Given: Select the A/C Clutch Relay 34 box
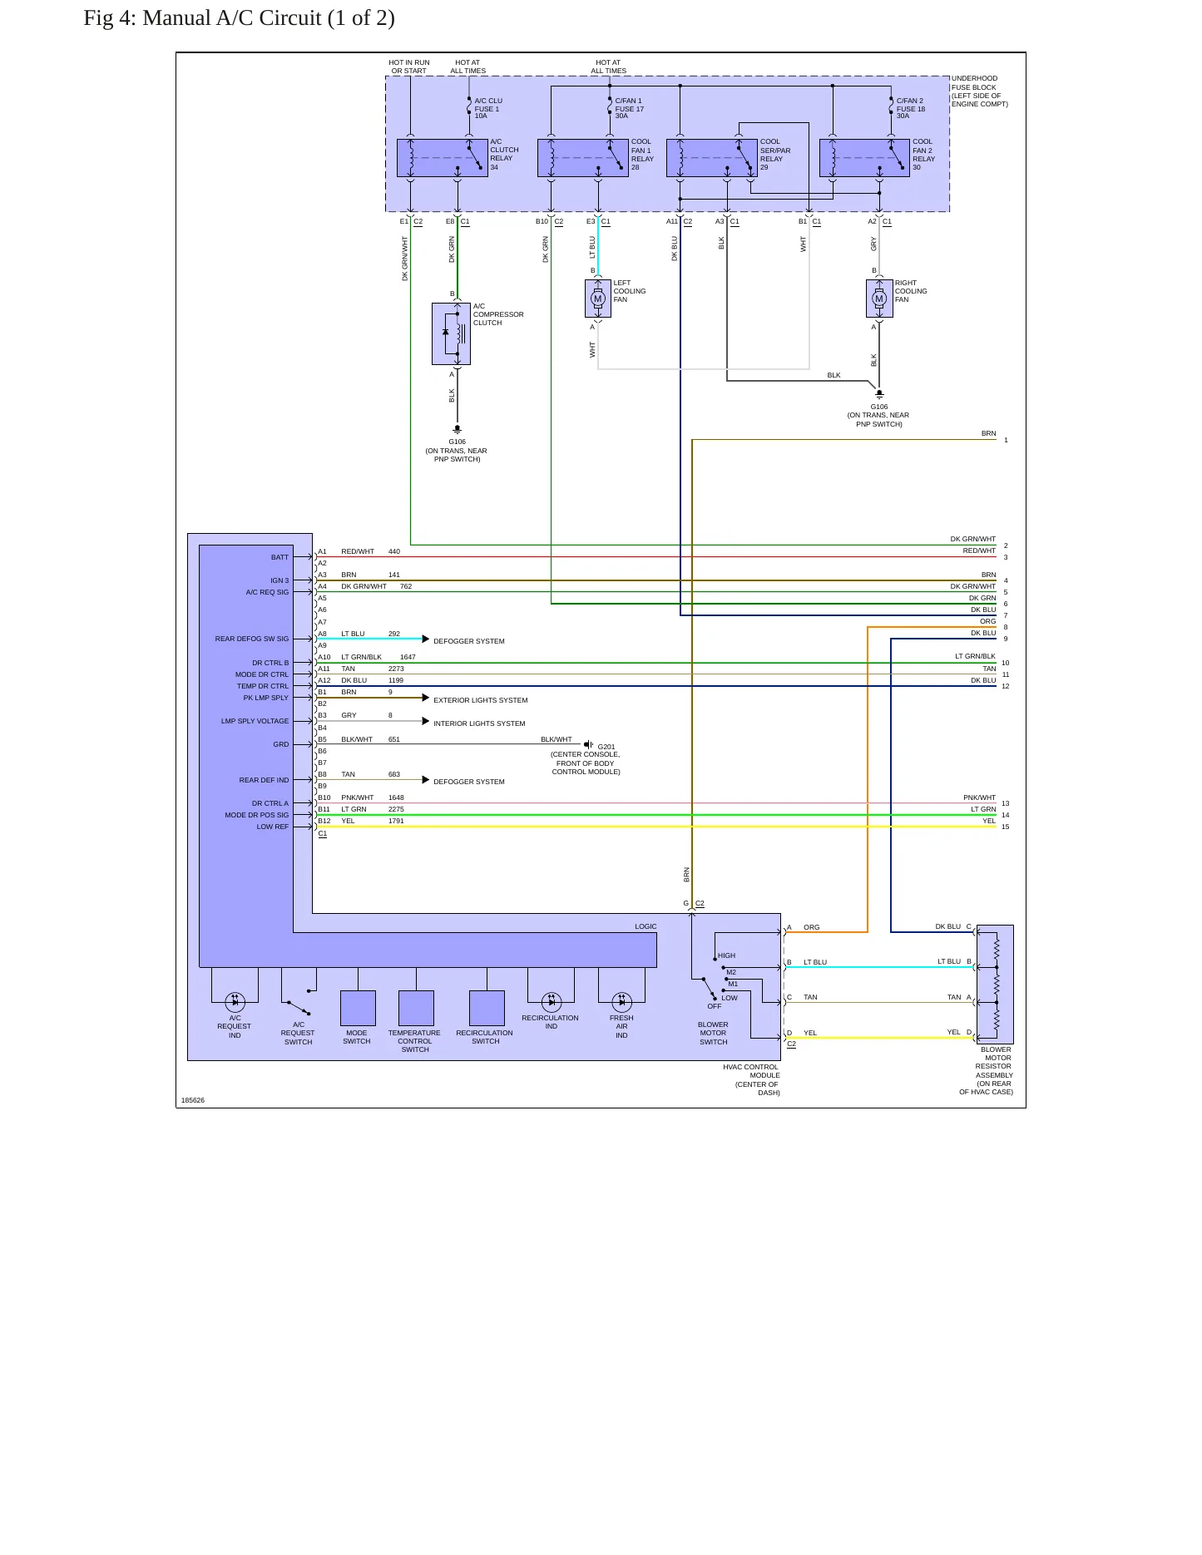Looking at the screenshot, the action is tap(442, 157).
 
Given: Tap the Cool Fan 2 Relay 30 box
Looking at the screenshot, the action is tap(864, 157).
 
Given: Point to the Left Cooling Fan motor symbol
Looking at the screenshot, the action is tap(597, 299).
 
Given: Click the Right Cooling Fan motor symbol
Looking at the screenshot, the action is tap(879, 299).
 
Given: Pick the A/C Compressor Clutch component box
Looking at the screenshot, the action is tap(451, 333).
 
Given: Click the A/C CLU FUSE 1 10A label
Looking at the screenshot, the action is tap(488, 108).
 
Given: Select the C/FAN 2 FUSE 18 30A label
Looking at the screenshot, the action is tap(911, 108).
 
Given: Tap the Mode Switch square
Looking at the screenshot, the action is tap(358, 1008).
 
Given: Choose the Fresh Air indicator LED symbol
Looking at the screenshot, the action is tap(621, 1002).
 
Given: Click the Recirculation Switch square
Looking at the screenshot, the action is tap(487, 1008).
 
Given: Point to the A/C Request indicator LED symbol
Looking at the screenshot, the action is tap(235, 1002).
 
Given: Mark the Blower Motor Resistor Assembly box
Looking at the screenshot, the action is tap(995, 985).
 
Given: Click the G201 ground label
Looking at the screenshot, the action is tap(606, 747).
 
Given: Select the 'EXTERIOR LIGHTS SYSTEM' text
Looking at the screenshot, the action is tap(481, 700).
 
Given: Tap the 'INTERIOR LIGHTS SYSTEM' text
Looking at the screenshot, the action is tap(479, 723).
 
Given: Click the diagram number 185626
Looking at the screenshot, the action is tap(193, 1100).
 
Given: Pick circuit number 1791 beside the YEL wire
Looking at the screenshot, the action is tap(396, 821).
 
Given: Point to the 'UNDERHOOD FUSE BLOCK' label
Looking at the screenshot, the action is tap(975, 82).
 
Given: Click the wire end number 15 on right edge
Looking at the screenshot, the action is tap(1005, 827).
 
